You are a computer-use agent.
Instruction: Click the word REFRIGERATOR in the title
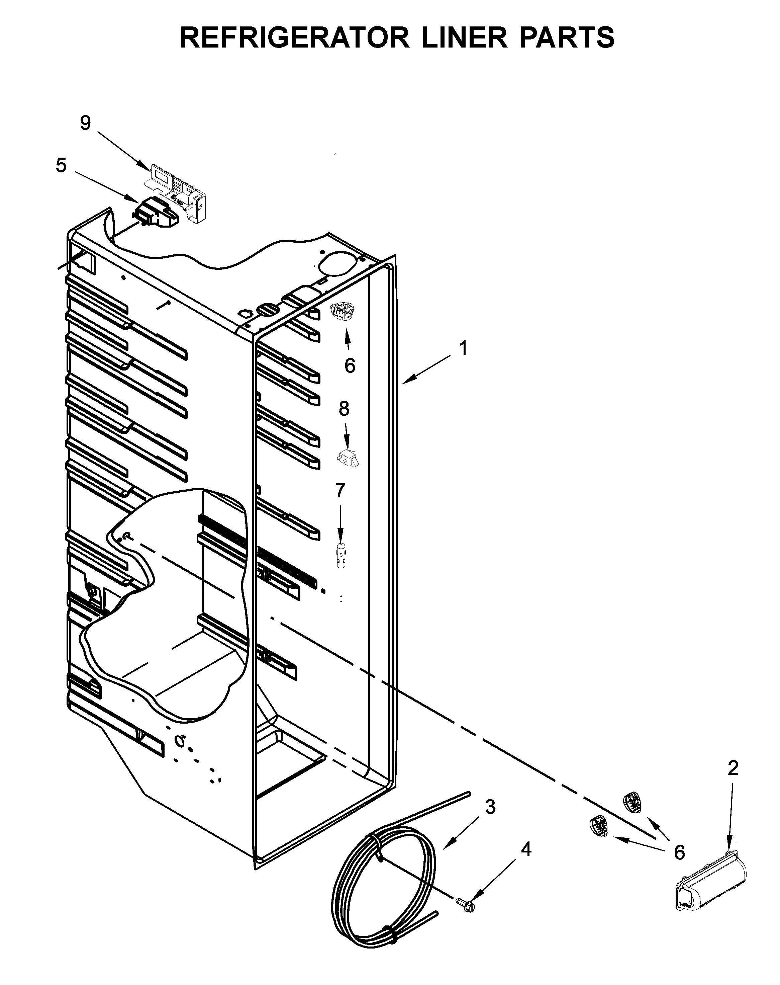(295, 37)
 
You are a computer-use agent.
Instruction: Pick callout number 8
(344, 409)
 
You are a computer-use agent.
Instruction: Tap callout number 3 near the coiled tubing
(490, 807)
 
